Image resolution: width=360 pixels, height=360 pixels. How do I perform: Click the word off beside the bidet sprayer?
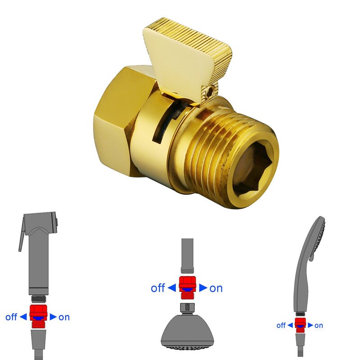pos(11,317)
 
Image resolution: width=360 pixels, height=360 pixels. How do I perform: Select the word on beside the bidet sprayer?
pos(64,317)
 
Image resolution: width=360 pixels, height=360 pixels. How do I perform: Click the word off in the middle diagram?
pos(157,288)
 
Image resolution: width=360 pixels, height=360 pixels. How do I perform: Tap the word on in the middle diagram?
pos(216,288)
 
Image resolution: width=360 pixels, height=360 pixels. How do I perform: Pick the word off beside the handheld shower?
pos(281,325)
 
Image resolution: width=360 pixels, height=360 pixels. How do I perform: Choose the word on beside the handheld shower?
pos(319,325)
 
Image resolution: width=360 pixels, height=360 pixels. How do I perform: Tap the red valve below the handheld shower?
pos(300,324)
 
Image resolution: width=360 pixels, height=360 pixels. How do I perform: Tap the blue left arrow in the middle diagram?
pos(172,288)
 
